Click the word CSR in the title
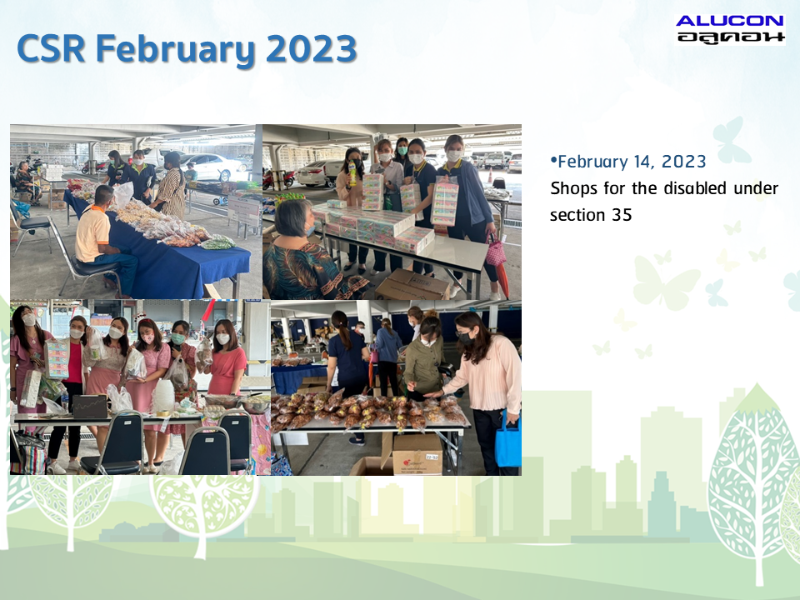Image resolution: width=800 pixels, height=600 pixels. click(51, 48)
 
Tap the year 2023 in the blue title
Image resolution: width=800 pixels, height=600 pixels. click(311, 49)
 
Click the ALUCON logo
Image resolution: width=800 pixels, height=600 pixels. click(730, 29)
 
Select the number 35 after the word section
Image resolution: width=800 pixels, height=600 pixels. click(622, 215)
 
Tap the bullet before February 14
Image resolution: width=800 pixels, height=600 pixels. click(553, 160)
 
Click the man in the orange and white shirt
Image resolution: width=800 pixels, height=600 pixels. click(102, 240)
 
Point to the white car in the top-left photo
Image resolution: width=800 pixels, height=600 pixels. click(210, 167)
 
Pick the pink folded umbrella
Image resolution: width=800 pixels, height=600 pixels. click(496, 252)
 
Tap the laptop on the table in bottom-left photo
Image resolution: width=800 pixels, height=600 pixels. click(90, 407)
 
